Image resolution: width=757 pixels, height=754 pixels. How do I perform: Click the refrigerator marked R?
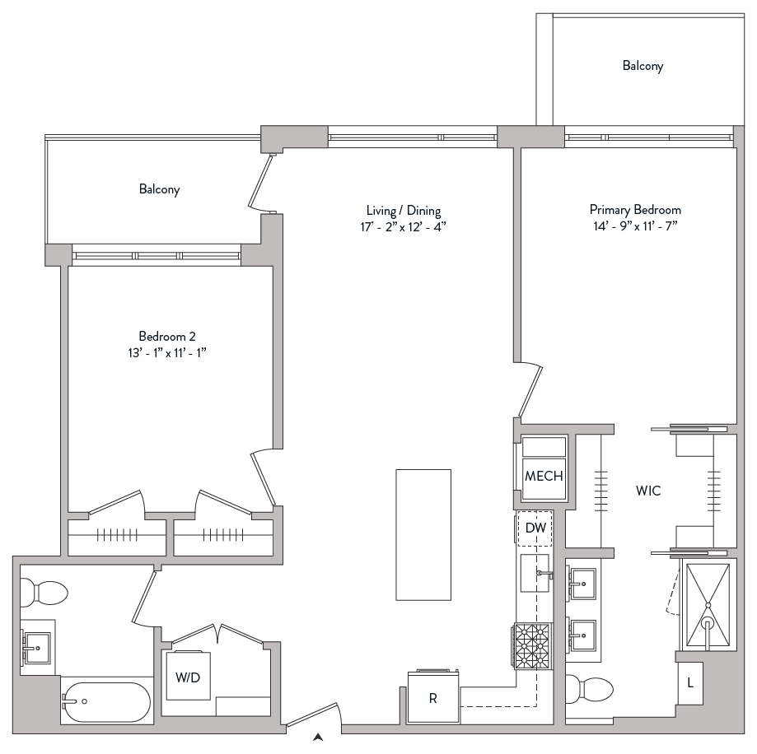click(x=433, y=699)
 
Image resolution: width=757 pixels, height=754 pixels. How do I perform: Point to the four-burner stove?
click(x=532, y=645)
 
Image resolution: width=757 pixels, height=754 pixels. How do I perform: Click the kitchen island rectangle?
click(x=423, y=534)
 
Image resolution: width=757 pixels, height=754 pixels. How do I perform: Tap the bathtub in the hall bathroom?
click(x=106, y=701)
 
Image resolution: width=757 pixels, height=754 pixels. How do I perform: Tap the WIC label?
click(x=648, y=491)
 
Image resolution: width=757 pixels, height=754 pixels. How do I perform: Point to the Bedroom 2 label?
click(x=166, y=336)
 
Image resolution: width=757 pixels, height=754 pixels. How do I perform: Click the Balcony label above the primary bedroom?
click(x=643, y=66)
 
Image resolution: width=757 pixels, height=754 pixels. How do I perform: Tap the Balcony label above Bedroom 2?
click(x=159, y=189)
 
